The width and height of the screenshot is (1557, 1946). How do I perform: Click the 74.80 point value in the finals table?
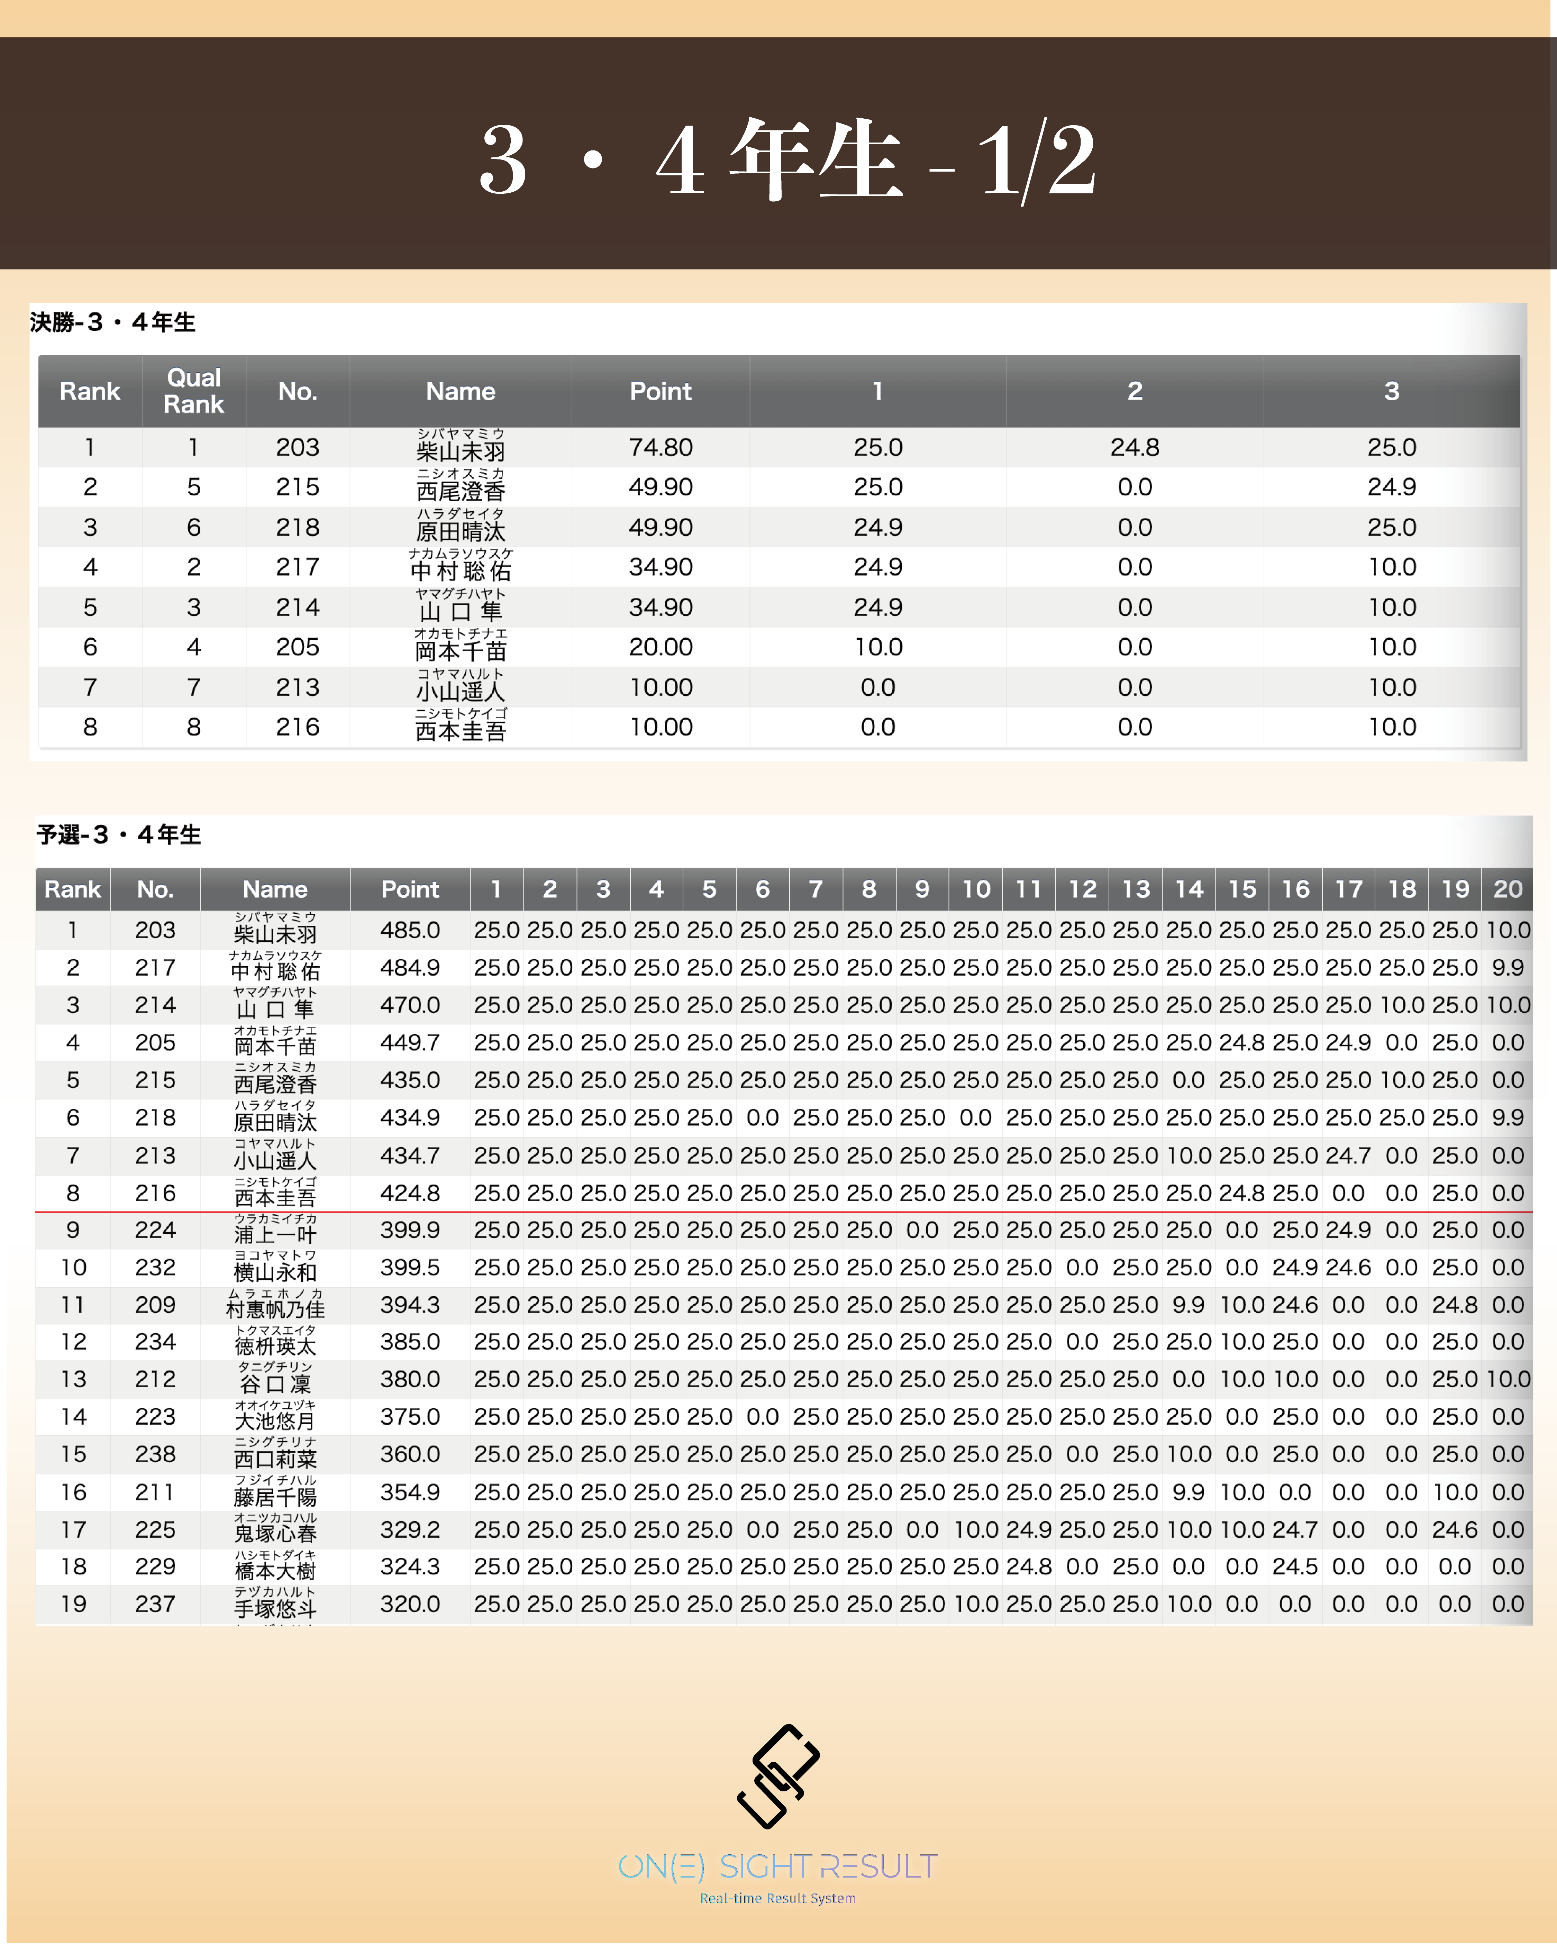(x=661, y=448)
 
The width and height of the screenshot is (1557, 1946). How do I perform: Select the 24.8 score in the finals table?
(x=1135, y=448)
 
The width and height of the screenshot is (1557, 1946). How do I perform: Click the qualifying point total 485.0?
(x=410, y=930)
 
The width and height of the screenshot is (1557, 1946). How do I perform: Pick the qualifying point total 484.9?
(x=410, y=968)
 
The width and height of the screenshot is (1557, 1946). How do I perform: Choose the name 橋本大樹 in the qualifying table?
(x=275, y=1571)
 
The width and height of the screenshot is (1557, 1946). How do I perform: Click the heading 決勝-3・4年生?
(x=113, y=322)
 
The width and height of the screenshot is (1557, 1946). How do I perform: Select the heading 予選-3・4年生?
(x=118, y=835)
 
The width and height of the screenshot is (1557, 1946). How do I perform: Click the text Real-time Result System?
(x=778, y=1898)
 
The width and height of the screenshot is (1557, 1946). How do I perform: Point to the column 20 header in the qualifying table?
(x=1508, y=889)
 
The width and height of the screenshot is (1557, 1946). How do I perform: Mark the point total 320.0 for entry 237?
(x=410, y=1604)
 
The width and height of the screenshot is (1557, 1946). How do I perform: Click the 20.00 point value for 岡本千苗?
(x=661, y=647)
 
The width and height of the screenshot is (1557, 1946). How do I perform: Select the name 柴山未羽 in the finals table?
(x=460, y=450)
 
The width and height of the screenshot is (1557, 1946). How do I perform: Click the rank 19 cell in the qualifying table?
(x=73, y=1604)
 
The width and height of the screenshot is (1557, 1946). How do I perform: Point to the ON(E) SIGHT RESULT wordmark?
(x=778, y=1866)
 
